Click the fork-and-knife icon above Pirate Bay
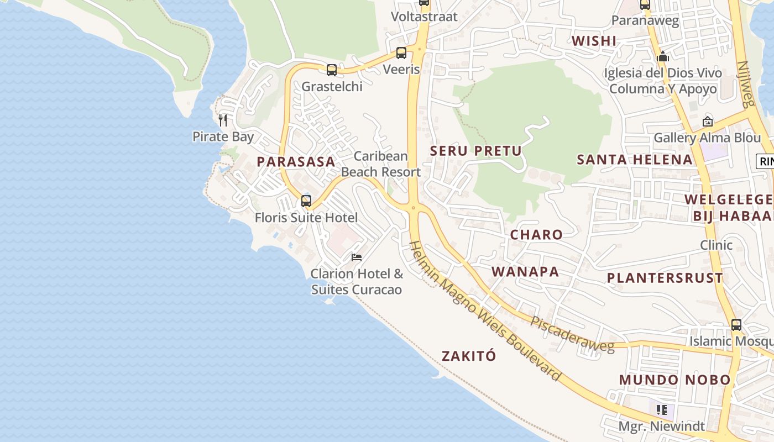pyautogui.click(x=223, y=120)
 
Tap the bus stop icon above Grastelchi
pyautogui.click(x=332, y=70)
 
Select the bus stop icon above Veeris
pyautogui.click(x=401, y=53)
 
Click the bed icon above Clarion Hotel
pyautogui.click(x=357, y=257)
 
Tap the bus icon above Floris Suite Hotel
pyautogui.click(x=306, y=201)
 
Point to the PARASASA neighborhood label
pyautogui.click(x=296, y=162)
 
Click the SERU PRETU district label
pyautogui.click(x=475, y=150)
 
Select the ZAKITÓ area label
pyautogui.click(x=469, y=356)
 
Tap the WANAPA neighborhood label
pyautogui.click(x=525, y=272)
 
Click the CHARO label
pyautogui.click(x=536, y=234)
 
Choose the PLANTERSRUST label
pyautogui.click(x=665, y=278)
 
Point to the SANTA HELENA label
pyautogui.click(x=634, y=160)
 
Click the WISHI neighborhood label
pyautogui.click(x=594, y=41)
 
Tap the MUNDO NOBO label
pyautogui.click(x=674, y=380)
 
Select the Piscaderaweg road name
pyautogui.click(x=572, y=334)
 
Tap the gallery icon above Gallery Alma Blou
pyautogui.click(x=707, y=122)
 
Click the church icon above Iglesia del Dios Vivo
pyautogui.click(x=663, y=56)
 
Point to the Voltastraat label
pyautogui.click(x=424, y=17)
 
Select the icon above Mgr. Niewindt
pyautogui.click(x=661, y=410)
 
